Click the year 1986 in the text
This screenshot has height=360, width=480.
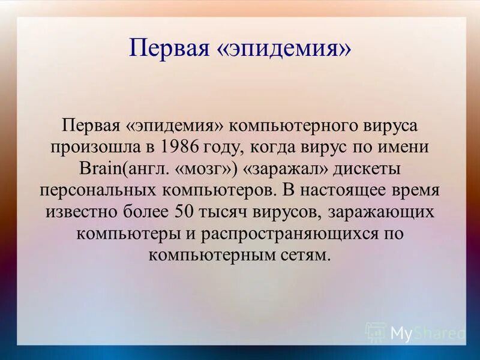click(181, 148)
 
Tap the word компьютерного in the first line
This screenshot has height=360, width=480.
click(288, 127)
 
